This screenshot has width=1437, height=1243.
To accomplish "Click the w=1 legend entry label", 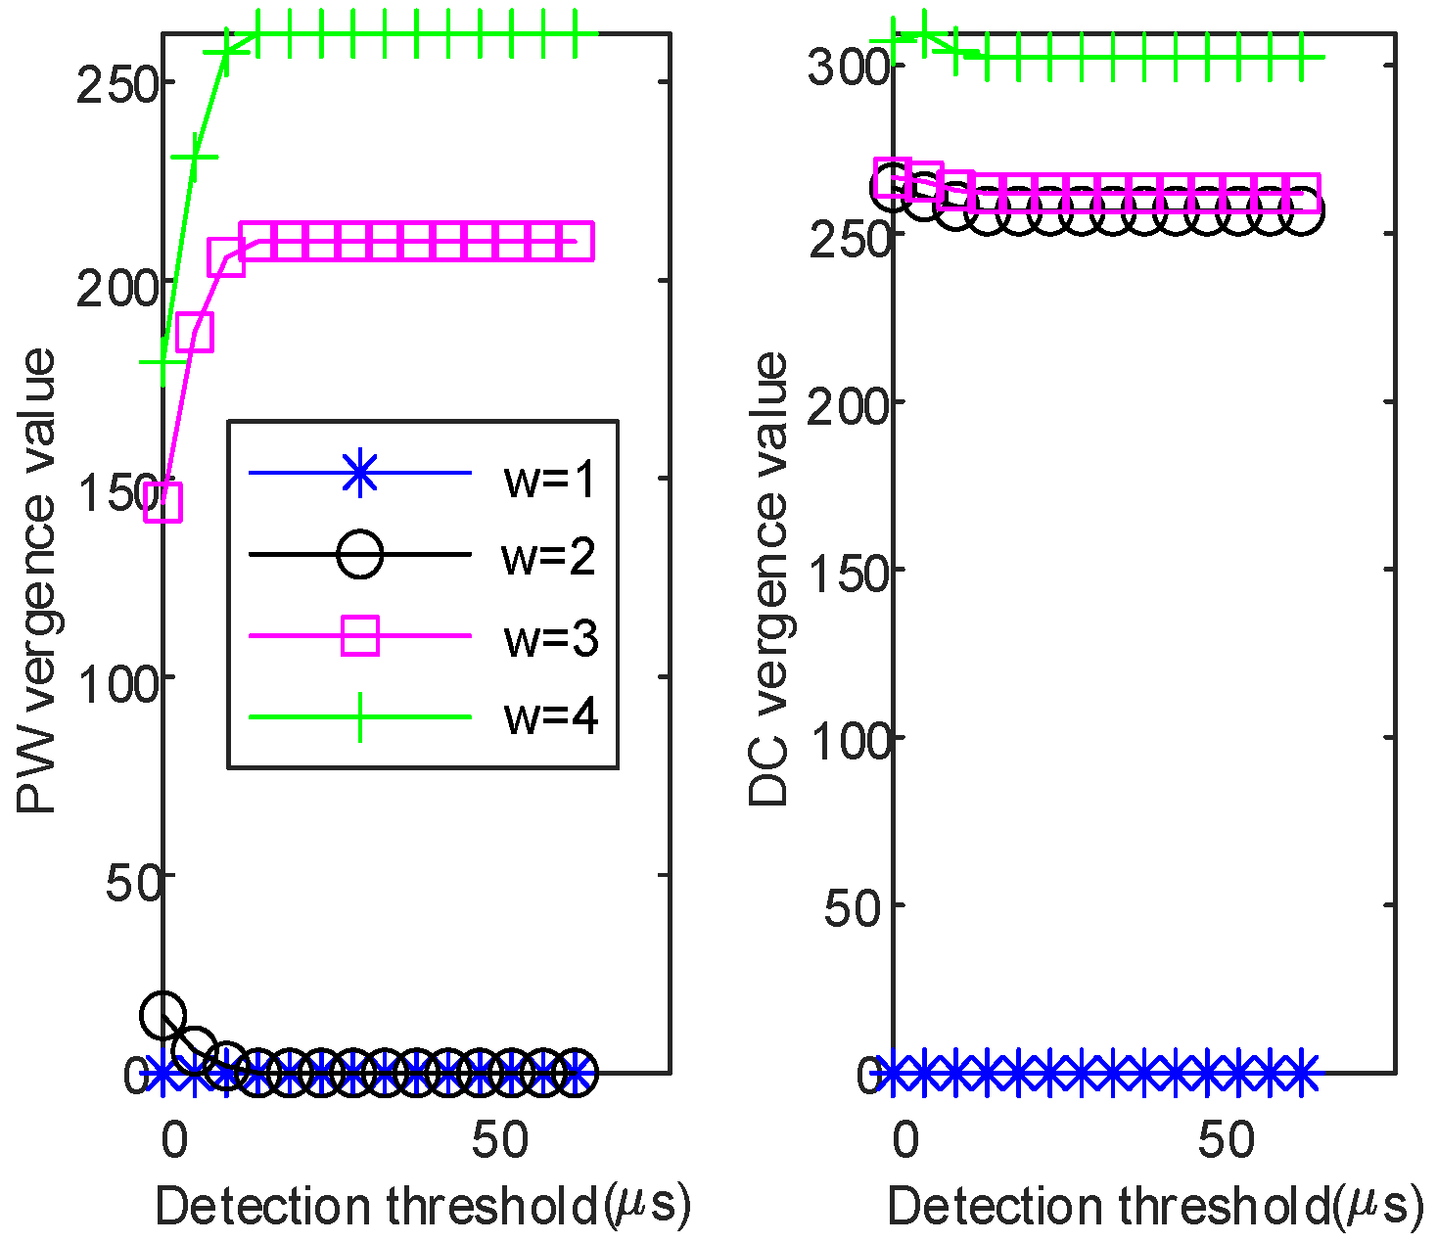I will click(549, 480).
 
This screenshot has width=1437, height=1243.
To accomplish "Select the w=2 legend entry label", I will click(548, 557).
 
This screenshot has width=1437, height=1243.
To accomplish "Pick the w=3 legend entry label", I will click(550, 638).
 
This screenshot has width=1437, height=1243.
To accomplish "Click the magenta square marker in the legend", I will click(360, 636).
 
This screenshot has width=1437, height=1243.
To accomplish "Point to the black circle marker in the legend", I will click(360, 555).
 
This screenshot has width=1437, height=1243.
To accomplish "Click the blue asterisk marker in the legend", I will click(360, 474).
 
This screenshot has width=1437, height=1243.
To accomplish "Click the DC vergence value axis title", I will click(769, 579).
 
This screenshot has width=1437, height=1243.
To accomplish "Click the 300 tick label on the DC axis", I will click(848, 67).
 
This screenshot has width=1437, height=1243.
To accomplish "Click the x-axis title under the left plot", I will click(423, 1207).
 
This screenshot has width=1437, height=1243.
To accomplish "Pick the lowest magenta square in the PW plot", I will click(163, 503).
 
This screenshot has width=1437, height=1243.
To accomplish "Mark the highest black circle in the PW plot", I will click(162, 1015).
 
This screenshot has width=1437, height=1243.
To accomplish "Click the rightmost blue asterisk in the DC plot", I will click(1300, 1074).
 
